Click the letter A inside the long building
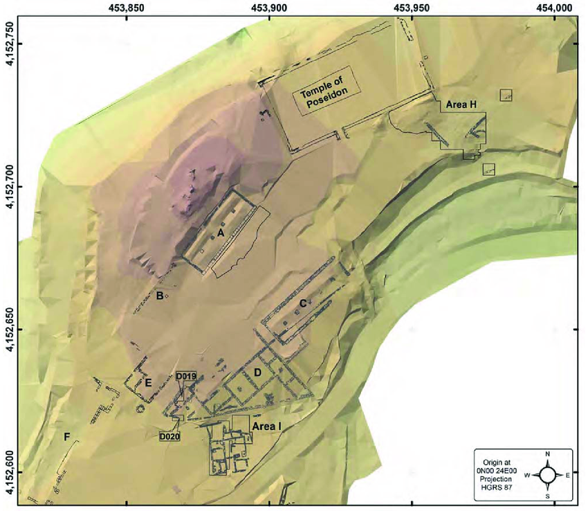(x=221, y=233)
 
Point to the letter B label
(x=159, y=296)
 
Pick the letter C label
(x=303, y=303)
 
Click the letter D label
(x=257, y=374)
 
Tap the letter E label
(x=147, y=382)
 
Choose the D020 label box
(x=169, y=437)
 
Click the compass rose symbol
(x=547, y=475)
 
